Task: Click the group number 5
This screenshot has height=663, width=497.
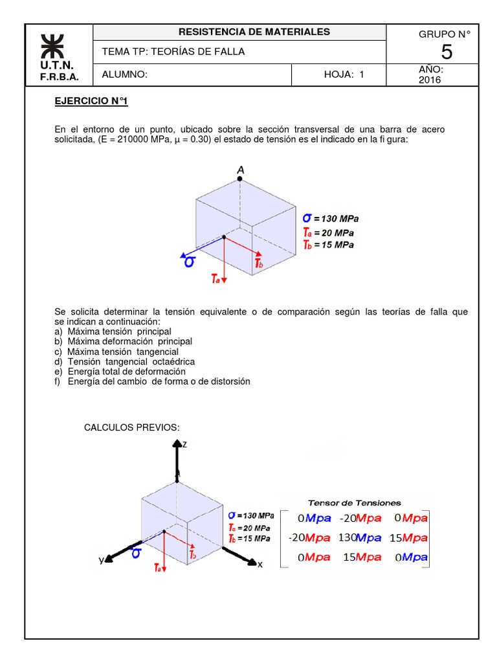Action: (x=447, y=52)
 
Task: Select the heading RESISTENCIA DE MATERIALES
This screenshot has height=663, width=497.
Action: (x=254, y=32)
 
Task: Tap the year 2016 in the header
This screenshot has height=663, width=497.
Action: (x=429, y=80)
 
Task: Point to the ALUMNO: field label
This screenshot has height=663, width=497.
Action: (x=125, y=74)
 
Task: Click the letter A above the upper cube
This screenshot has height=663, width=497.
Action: (x=241, y=170)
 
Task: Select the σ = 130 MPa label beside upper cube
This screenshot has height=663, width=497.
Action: (x=331, y=218)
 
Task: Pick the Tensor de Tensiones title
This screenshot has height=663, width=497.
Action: (x=354, y=502)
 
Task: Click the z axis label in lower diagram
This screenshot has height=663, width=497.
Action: (x=184, y=444)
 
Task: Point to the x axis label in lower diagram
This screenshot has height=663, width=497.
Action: (x=260, y=565)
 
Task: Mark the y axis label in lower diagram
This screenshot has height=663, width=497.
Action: (x=101, y=561)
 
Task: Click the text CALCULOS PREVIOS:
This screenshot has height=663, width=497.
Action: (x=132, y=427)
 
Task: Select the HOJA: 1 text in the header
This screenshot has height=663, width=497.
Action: (x=344, y=74)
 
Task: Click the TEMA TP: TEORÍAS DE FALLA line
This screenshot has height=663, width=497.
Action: (x=173, y=52)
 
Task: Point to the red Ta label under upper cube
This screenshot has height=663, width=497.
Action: (x=215, y=279)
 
